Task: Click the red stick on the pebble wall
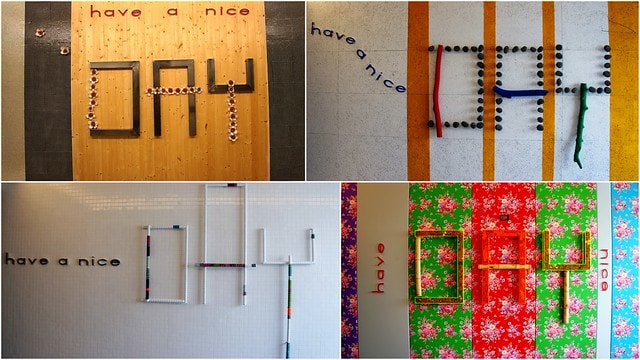pos(439,91)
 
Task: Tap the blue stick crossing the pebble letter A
pos(520,91)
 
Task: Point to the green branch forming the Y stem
pos(580,124)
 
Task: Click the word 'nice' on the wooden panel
pos(227,11)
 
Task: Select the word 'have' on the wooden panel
pos(116,12)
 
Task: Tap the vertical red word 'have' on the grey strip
pos(379,268)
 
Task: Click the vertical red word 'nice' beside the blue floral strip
pos(603,270)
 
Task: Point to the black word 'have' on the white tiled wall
pos(27,260)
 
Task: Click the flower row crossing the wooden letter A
pos(174,91)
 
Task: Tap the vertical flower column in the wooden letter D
pos(93,99)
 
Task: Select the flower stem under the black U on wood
pos(232,110)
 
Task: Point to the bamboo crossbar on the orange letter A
pos(504,267)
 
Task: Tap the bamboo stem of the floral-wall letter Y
pos(566,296)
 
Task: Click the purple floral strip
pos(349,270)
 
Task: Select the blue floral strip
pos(625,270)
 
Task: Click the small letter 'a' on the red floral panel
pos(504,218)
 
